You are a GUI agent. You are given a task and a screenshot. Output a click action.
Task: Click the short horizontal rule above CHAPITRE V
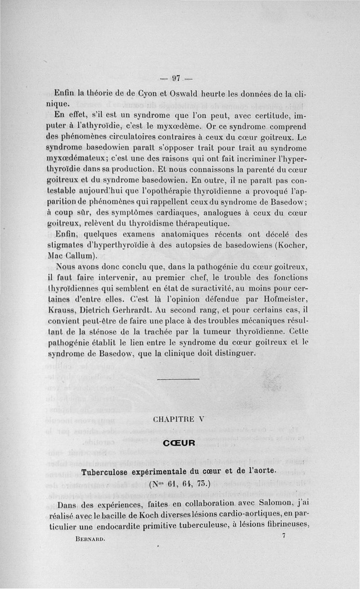pos(179,380)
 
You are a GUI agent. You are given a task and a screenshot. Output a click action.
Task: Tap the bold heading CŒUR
pos(179,443)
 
